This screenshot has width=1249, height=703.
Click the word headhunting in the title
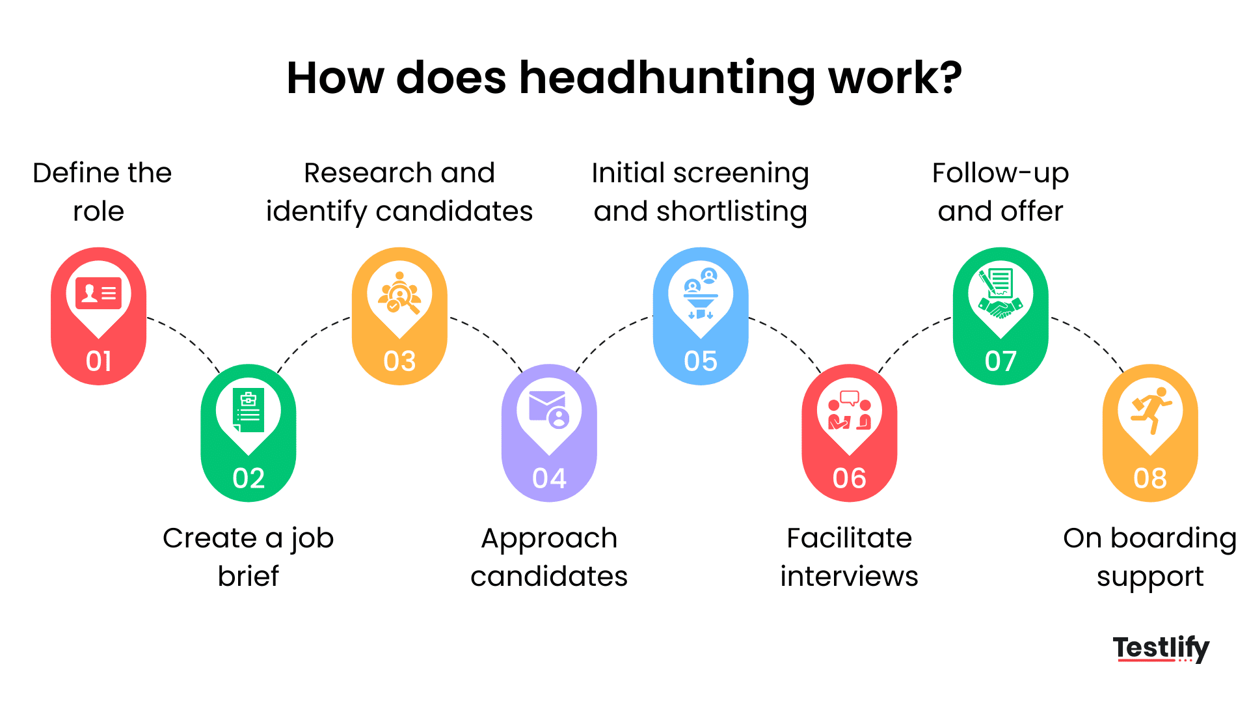click(x=667, y=79)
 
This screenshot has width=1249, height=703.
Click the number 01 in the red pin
click(x=98, y=361)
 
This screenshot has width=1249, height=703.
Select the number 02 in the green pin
click(x=248, y=478)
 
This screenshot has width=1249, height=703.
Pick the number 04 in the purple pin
click(x=549, y=478)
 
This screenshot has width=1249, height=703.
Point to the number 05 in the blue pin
click(x=700, y=361)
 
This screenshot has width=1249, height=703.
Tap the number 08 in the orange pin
click(x=1149, y=478)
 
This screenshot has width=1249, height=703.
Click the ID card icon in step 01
click(x=98, y=294)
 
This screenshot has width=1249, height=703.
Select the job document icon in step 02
click(x=248, y=410)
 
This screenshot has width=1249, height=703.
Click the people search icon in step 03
click(x=399, y=293)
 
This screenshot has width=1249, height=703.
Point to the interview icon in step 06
click(x=849, y=410)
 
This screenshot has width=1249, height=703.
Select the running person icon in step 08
click(x=1151, y=410)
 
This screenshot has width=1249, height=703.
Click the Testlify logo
click(x=1161, y=648)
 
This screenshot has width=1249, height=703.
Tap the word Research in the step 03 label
click(x=368, y=173)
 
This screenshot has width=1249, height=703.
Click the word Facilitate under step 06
click(x=849, y=538)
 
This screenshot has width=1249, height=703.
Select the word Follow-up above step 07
click(x=1000, y=173)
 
